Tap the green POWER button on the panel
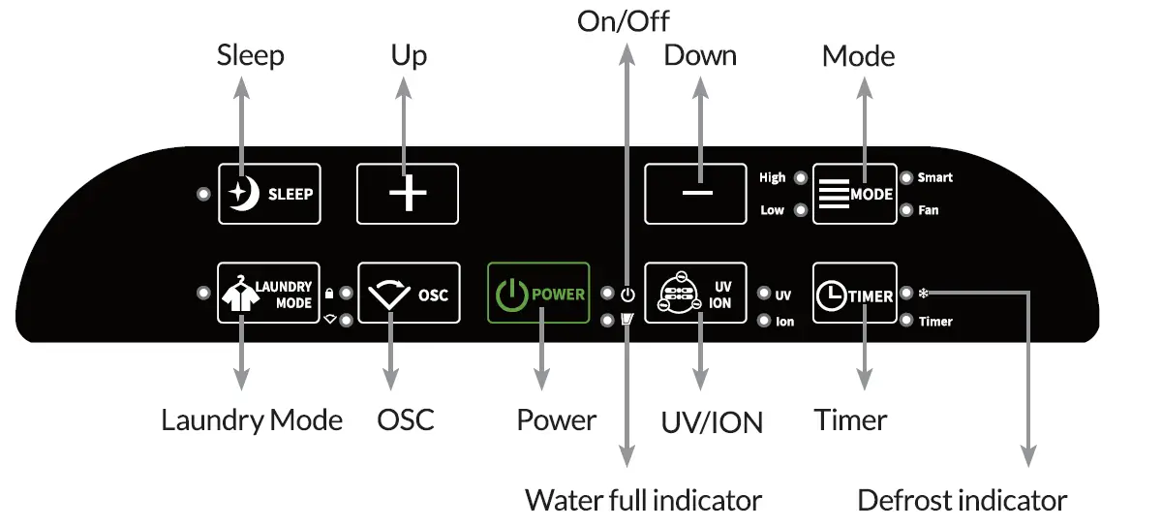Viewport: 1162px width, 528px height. pos(538,293)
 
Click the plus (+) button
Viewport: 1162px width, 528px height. pos(408,194)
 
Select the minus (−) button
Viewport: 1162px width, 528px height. pos(695,194)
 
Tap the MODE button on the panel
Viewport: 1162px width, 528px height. pos(855,194)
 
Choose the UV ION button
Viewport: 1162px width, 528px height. pos(695,293)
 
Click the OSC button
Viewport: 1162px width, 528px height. pos(409,293)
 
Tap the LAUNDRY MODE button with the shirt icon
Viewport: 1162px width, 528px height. pos(269,293)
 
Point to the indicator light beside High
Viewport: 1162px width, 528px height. pos(801,178)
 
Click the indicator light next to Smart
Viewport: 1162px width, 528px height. pos(906,178)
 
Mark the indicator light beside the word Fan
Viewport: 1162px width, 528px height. pos(906,210)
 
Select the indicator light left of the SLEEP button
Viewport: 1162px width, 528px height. pos(204,194)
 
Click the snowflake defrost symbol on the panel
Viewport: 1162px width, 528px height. pos(924,293)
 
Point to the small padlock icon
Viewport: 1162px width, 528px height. pos(329,294)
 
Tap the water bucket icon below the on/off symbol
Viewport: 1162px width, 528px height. pos(627,320)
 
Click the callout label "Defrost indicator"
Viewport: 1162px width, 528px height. pos(963,501)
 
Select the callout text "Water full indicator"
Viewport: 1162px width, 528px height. pos(643,501)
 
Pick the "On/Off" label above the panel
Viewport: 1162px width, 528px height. pos(623,21)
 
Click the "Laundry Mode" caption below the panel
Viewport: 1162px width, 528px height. pos(252,420)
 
